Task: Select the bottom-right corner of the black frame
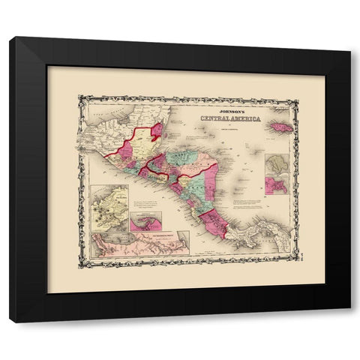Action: [x=349, y=321]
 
